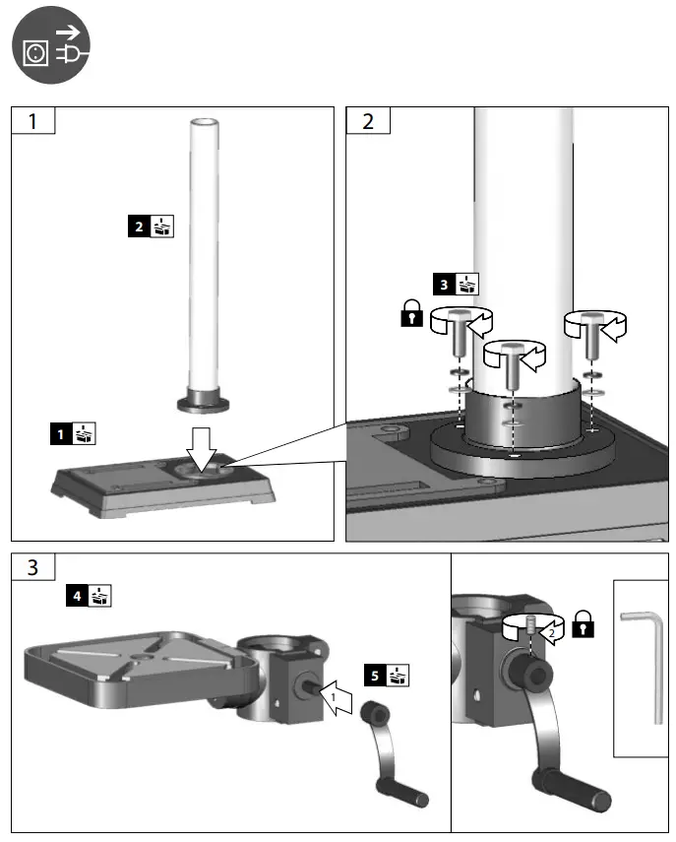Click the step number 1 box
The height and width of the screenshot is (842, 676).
coord(32,122)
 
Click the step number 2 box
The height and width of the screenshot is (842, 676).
coord(369,122)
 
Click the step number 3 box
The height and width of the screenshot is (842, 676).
coord(32,567)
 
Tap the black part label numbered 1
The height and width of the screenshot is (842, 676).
coord(60,432)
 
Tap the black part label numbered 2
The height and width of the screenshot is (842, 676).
coord(139,227)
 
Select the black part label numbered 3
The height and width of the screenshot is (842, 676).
coord(445,285)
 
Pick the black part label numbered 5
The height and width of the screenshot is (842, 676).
coord(374,676)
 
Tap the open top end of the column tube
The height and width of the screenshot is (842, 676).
coord(204,122)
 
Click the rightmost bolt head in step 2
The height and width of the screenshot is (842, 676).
coord(587,320)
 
